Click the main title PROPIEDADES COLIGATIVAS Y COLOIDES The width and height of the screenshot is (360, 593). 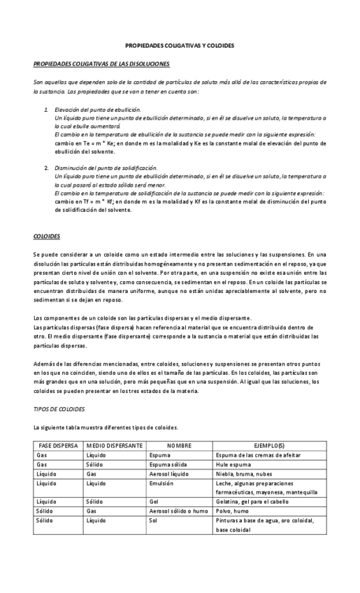180,45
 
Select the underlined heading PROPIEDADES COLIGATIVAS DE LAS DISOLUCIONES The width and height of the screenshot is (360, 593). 101,64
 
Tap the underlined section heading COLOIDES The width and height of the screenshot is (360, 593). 47,236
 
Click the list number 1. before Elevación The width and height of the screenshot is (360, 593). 46,110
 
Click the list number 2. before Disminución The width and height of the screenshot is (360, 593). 46,168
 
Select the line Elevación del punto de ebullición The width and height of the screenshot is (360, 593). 97,110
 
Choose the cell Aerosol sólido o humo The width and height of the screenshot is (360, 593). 178,511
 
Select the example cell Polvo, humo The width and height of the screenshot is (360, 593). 234,511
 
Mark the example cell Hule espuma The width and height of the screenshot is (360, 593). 234,464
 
